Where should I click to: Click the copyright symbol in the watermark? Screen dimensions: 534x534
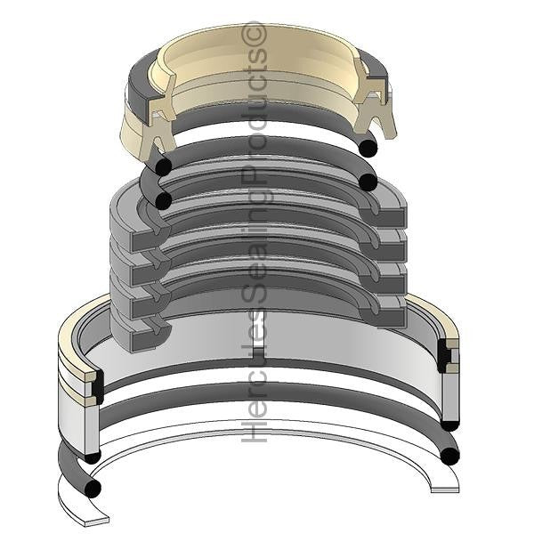tap(255, 33)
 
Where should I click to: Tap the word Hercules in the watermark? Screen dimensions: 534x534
tap(255, 383)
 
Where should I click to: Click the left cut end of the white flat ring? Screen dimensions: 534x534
tap(96, 521)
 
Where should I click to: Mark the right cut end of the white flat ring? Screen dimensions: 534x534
tap(445, 490)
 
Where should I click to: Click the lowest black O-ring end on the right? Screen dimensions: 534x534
tap(449, 456)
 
